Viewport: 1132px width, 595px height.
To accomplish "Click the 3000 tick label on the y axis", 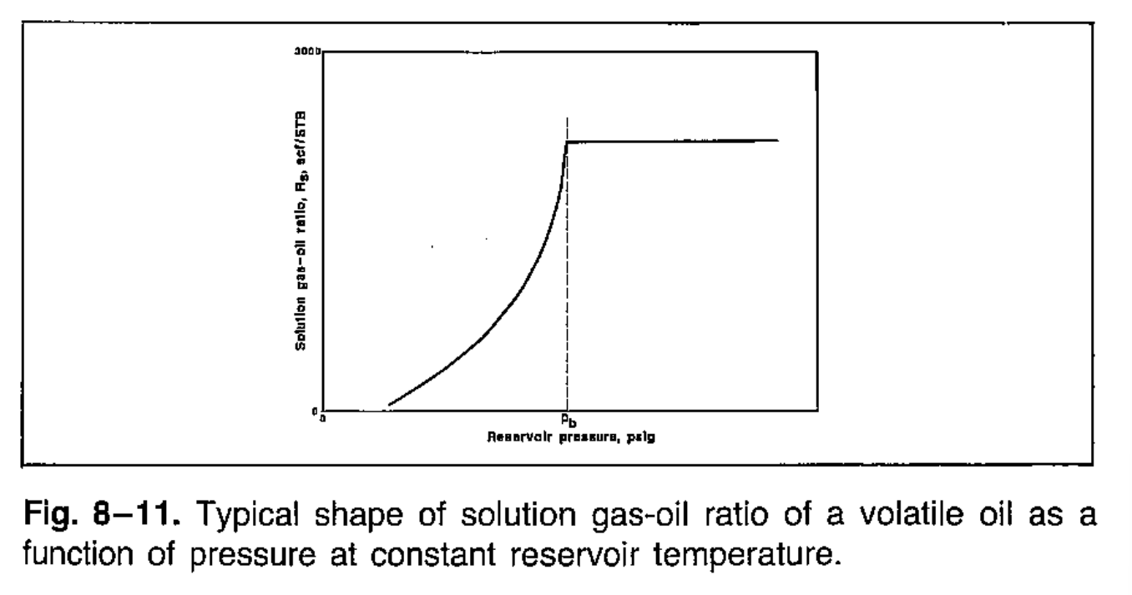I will [x=306, y=51].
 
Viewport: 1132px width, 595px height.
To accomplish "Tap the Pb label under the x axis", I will [x=566, y=421].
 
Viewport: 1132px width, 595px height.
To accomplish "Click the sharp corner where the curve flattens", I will [x=568, y=142].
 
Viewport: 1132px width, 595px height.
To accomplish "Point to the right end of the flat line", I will [x=778, y=140].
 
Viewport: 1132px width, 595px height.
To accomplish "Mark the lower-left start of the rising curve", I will [x=390, y=406].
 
